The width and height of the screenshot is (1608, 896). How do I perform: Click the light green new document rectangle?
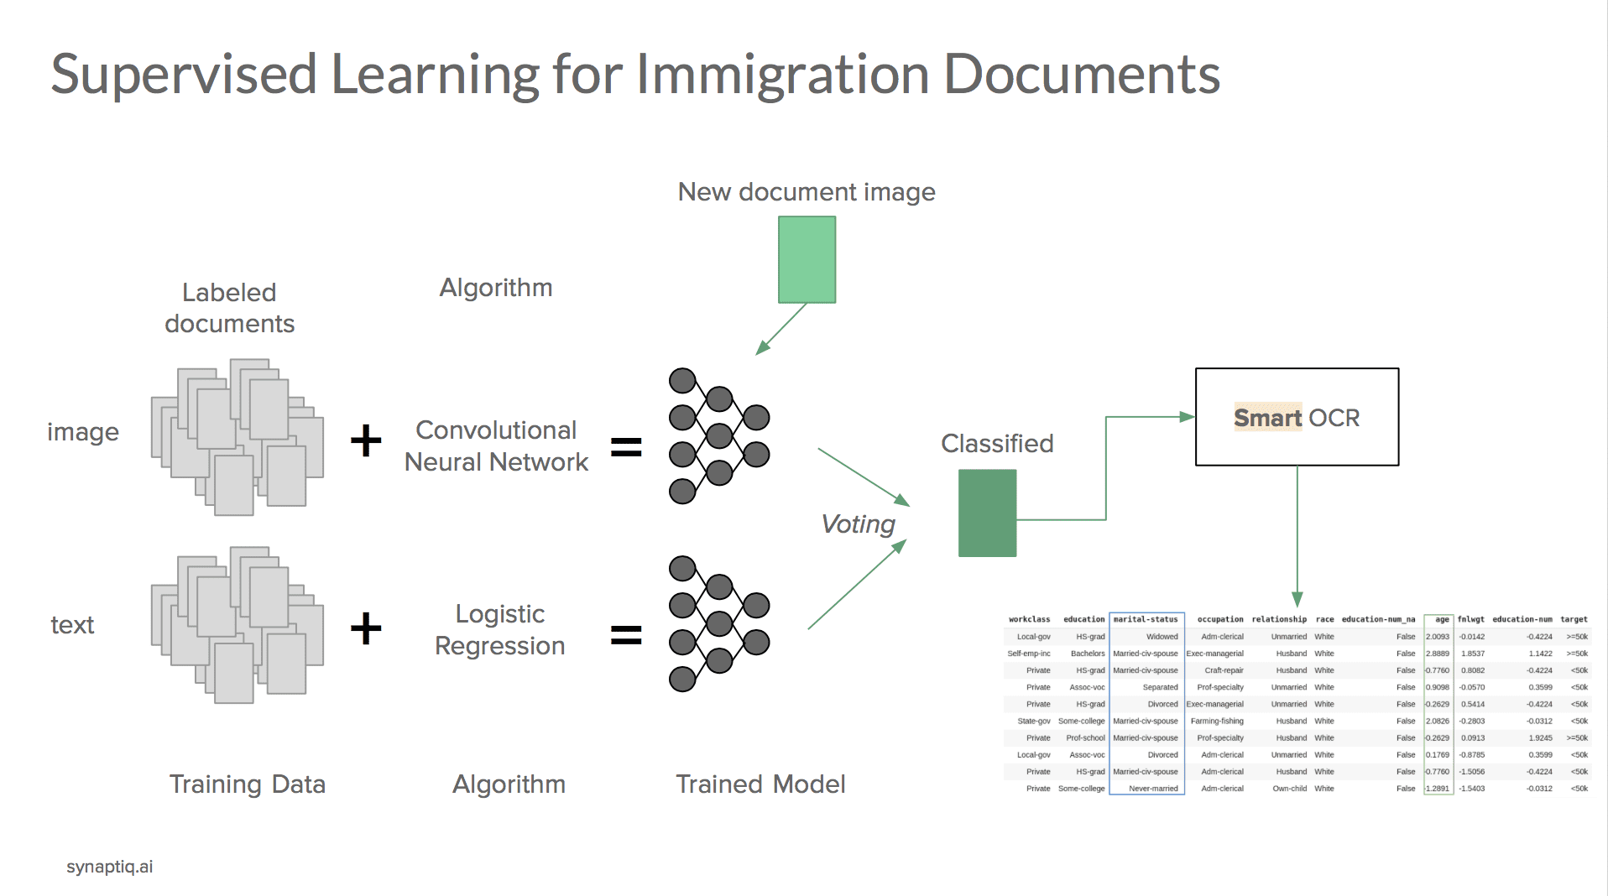coord(807,259)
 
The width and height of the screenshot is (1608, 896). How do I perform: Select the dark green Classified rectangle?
coord(987,513)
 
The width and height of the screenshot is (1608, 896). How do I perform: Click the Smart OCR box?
coord(1296,417)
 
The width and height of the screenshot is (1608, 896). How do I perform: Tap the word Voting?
coord(858,524)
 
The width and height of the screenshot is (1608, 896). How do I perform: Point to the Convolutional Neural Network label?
coord(496,445)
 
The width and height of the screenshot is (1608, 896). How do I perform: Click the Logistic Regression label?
coord(499,629)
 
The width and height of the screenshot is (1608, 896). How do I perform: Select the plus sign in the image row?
coord(366,440)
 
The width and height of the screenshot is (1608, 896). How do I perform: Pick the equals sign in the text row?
coord(626,634)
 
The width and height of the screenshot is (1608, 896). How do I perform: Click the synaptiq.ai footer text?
coord(110,867)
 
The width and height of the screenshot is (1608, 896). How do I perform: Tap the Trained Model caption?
coord(760,784)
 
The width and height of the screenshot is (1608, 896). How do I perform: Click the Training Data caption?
coord(247,784)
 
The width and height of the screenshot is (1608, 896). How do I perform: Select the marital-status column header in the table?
coord(1146,619)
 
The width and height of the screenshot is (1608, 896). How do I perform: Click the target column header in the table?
coord(1574,619)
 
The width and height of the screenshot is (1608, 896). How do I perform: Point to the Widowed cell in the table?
coord(1162,637)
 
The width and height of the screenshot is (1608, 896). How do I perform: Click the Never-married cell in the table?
coord(1153,789)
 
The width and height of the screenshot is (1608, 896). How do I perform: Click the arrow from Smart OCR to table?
coord(1297,537)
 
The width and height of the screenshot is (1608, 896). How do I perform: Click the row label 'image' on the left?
coord(83,432)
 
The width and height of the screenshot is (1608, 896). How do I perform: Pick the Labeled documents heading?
coord(229,308)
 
